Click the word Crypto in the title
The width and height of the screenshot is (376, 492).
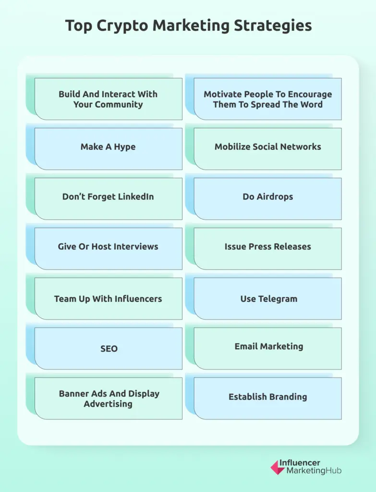[122, 26]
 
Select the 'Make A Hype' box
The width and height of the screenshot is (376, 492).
[108, 149]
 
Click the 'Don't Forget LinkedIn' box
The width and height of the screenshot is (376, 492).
[108, 198]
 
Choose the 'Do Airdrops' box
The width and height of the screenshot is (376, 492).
[267, 198]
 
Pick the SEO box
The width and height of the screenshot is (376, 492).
[108, 348]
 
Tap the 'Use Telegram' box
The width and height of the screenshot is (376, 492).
[267, 298]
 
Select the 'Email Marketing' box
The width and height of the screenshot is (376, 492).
[267, 348]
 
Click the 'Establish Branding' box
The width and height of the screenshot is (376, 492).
[267, 398]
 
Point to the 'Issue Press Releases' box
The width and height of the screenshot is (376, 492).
[267, 248]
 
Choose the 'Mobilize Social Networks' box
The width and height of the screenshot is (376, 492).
[267, 149]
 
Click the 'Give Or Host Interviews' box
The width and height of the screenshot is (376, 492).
[108, 248]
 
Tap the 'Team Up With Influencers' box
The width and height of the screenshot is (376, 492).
[108, 298]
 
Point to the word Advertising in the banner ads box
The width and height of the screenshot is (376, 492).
[108, 404]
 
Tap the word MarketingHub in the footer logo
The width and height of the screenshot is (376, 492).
[314, 471]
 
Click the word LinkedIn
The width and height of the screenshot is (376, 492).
[136, 197]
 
